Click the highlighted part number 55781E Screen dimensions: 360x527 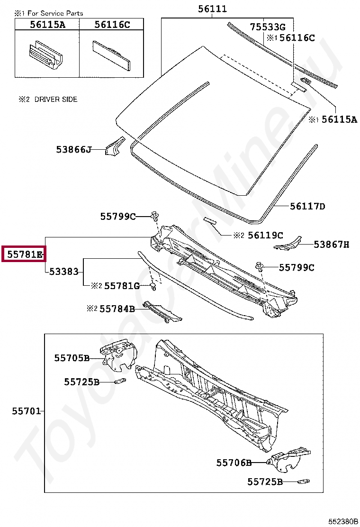[x=25, y=254]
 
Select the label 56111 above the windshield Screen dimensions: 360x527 [x=212, y=9]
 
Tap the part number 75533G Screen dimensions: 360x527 [x=268, y=27]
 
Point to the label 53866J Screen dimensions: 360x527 [x=73, y=149]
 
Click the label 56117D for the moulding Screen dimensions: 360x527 [x=307, y=206]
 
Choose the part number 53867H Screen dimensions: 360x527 [x=332, y=245]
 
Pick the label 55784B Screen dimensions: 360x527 [x=117, y=309]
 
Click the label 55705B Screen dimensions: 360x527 [x=72, y=358]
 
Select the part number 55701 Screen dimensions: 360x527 [x=27, y=411]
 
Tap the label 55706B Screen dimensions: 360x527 [x=234, y=463]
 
